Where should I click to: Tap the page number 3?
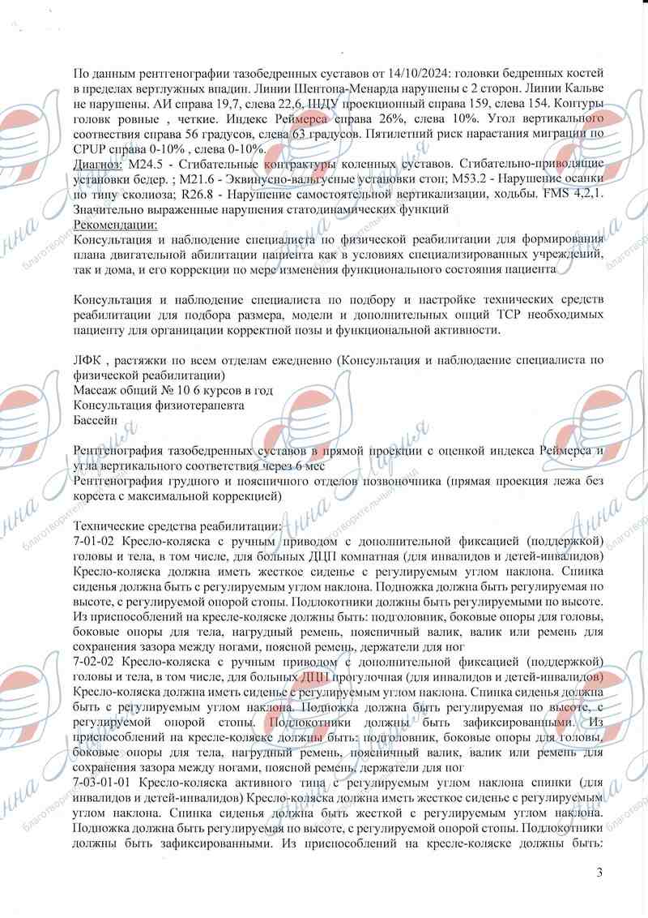[599, 873]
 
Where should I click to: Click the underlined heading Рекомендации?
[115, 224]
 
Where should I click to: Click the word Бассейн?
[95, 420]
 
